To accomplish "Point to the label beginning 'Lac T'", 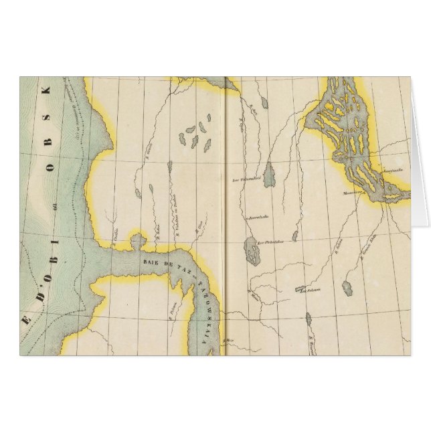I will [x=245, y=179].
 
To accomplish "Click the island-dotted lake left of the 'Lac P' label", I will [x=248, y=251].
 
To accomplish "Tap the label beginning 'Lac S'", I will [x=309, y=290].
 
